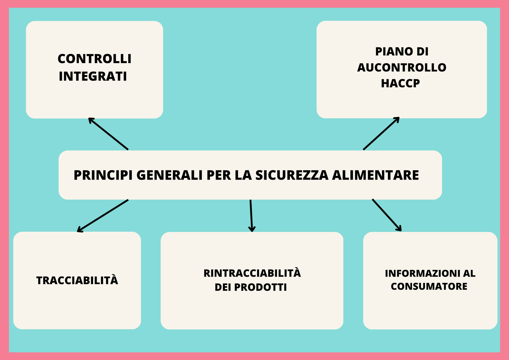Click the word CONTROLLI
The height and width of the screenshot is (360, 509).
pos(94,59)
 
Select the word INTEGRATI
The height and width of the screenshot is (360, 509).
pos(93,76)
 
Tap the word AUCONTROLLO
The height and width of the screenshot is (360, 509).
pos(402,68)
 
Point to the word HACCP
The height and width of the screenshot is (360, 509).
pos(400,84)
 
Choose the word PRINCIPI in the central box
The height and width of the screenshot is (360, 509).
pos(103,175)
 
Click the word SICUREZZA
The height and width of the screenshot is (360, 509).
pos(292,175)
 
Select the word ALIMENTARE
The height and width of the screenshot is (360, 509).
pos(375,175)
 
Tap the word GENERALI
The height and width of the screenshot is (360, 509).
pos(169,175)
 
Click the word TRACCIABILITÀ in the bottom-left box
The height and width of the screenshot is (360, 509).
pos(77,281)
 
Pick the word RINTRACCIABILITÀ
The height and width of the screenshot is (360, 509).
pos(252,273)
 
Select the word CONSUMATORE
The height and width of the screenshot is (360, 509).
pos(429,287)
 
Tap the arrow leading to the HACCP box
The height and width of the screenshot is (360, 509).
pos(381,133)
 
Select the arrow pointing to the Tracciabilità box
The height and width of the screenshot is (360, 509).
pos(103,216)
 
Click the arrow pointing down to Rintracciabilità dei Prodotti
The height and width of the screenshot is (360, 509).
pos(251,215)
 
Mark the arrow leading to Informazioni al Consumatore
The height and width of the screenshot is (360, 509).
pos(387,215)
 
